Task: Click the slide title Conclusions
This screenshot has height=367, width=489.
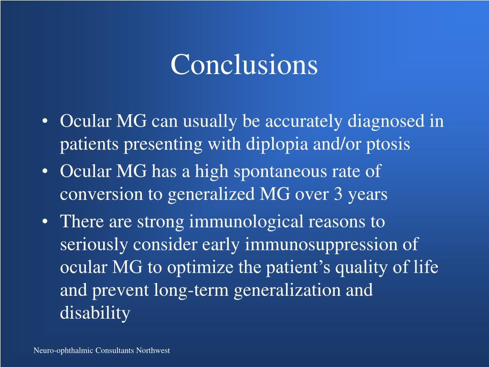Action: point(244,65)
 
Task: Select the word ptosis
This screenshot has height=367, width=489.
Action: point(388,145)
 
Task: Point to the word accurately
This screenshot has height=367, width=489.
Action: point(304,122)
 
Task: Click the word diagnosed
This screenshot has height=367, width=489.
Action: point(385,122)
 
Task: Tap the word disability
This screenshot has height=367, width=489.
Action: point(95,313)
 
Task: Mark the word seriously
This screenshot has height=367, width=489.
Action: point(95,245)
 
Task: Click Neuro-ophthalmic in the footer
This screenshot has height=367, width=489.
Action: point(64,351)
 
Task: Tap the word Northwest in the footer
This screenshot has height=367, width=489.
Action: point(153,351)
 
